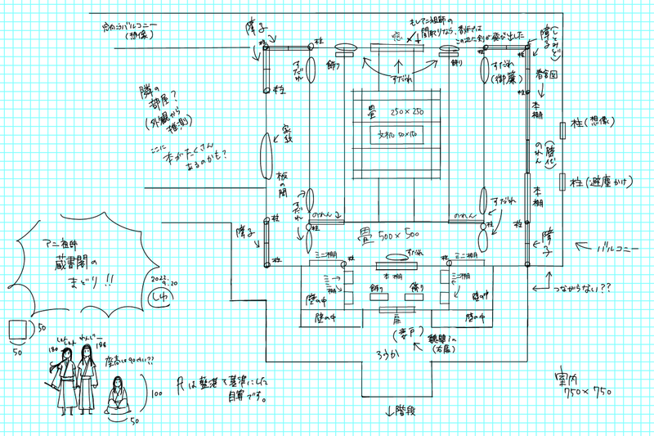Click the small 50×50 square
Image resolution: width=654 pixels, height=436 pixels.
(x=20, y=332)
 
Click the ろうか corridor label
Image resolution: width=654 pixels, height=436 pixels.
(x=392, y=353)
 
